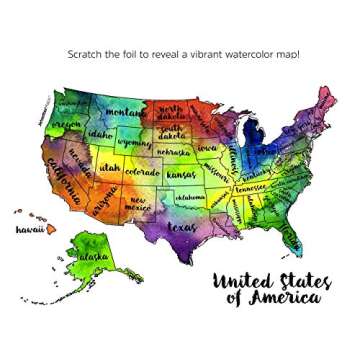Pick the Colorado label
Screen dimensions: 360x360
(142, 172)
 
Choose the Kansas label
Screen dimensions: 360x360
(182, 174)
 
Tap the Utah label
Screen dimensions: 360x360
(109, 168)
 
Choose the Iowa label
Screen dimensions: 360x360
(207, 147)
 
